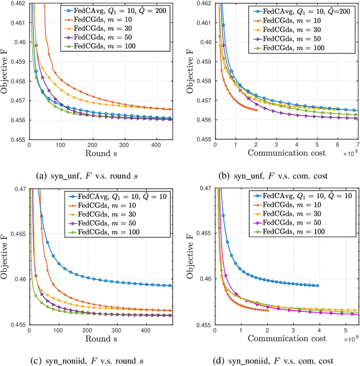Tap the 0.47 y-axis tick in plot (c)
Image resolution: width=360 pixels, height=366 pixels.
(x=19, y=190)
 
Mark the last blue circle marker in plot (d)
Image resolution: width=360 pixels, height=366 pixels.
(x=317, y=285)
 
